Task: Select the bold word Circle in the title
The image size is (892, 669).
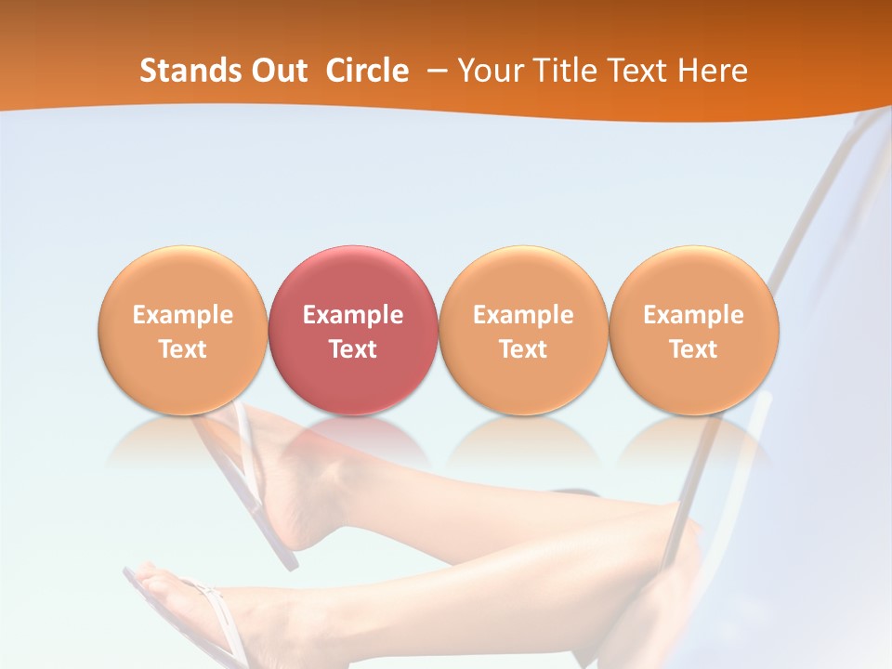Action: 367,71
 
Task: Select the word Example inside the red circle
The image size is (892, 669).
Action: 353,315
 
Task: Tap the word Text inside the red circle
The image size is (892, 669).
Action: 353,349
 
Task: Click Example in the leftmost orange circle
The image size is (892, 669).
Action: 183,315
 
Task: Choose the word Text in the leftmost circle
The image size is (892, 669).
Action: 183,349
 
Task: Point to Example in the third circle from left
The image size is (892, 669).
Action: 523,315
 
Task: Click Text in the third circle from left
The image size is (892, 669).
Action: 523,349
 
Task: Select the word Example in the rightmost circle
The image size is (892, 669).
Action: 693,315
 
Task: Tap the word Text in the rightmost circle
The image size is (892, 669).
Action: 693,349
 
